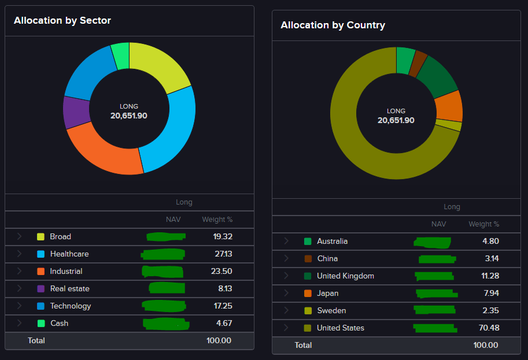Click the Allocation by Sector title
click(x=62, y=21)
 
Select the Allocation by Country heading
click(x=333, y=25)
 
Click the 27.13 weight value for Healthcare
click(x=222, y=254)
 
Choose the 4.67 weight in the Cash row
click(x=223, y=324)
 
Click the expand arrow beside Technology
click(x=19, y=306)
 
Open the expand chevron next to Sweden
click(x=286, y=311)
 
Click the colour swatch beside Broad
click(x=40, y=237)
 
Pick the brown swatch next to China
click(x=308, y=259)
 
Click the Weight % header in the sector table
click(x=217, y=220)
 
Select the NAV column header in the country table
click(x=439, y=224)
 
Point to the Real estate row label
click(x=69, y=289)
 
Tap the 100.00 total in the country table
click(x=486, y=346)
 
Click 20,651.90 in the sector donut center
click(x=129, y=116)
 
